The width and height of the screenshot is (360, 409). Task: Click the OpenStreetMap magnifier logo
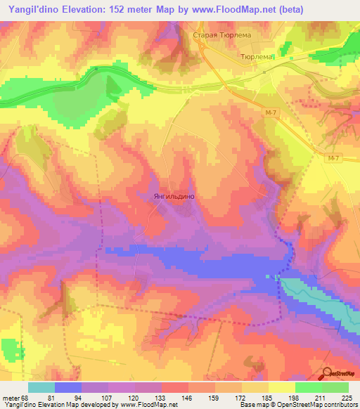pyautogui.click(x=328, y=372)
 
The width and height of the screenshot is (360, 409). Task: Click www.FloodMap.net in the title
pyautogui.click(x=240, y=10)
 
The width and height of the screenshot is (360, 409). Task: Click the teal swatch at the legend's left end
pyautogui.click(x=41, y=387)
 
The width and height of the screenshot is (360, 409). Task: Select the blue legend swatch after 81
pyautogui.click(x=68, y=387)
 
